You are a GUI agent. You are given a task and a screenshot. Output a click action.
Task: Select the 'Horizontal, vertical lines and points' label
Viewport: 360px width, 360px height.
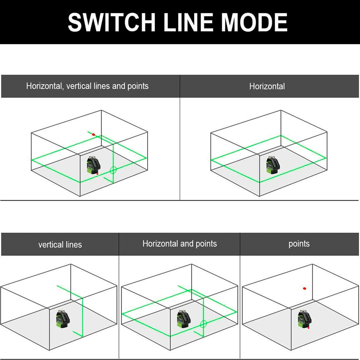tap(87, 86)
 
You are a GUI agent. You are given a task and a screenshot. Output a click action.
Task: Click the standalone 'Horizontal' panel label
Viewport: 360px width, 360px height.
tap(267, 86)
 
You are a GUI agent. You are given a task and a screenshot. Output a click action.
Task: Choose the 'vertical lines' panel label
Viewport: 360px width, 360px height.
tap(60, 245)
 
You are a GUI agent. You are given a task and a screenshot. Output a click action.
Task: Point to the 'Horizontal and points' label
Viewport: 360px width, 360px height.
tap(179, 244)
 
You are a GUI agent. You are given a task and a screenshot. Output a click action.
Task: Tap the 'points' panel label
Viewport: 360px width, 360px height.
tap(299, 244)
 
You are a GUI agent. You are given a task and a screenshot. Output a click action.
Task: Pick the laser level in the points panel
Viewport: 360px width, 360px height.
tap(303, 318)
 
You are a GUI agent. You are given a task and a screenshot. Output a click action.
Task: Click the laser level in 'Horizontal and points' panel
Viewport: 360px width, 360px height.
tap(183, 318)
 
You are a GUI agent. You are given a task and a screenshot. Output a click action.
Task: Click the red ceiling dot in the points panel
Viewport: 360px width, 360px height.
tap(305, 288)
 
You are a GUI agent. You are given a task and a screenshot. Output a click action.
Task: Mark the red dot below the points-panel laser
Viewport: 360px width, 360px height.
tap(309, 328)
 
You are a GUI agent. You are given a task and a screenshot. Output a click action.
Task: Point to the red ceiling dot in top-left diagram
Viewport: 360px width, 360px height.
tap(94, 134)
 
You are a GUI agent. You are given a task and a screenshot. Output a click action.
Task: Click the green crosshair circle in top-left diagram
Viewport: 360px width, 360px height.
tap(113, 170)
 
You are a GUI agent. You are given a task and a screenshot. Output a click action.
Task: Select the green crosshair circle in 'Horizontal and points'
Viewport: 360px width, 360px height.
tap(203, 324)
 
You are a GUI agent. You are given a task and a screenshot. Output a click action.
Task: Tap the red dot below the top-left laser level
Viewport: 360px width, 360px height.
tap(97, 174)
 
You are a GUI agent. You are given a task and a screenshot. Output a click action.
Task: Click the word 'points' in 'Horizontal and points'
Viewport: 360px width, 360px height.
tap(206, 244)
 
